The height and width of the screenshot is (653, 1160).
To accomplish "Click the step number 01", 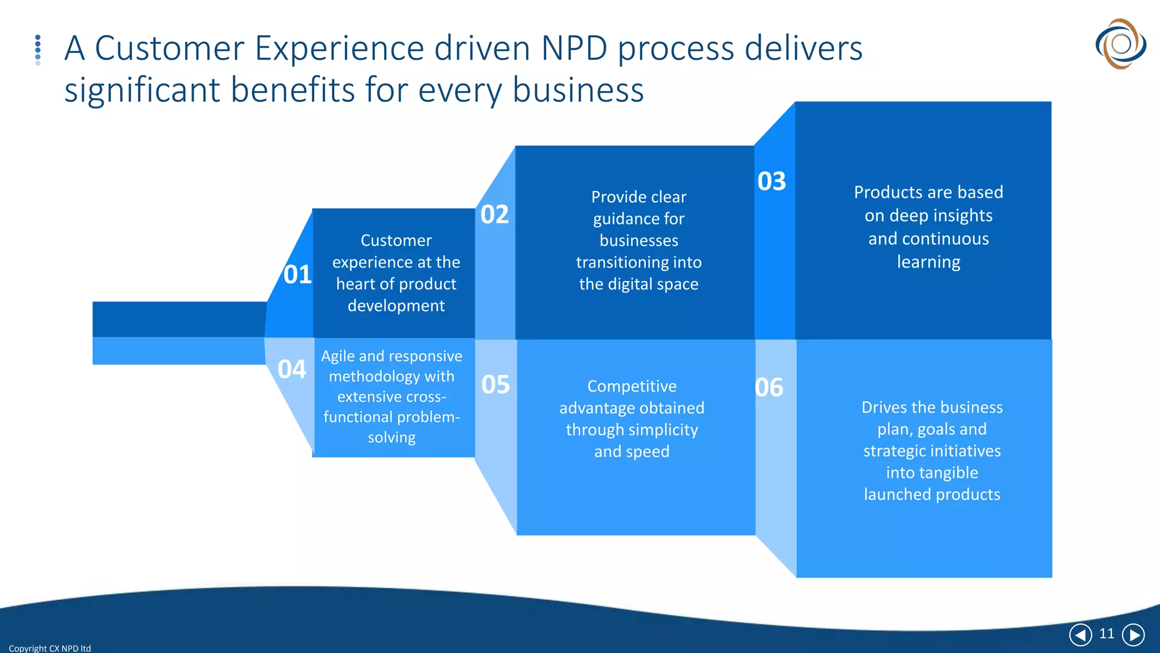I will (x=297, y=274).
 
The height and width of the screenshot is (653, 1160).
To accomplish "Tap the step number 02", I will (x=494, y=214).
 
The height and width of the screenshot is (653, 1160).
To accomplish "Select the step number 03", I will (x=771, y=181).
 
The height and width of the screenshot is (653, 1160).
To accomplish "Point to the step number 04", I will (x=292, y=369).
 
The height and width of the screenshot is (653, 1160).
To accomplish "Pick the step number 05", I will (x=496, y=384).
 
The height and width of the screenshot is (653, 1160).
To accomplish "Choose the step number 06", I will (x=769, y=388).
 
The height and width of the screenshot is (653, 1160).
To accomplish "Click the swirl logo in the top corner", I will (x=1120, y=44).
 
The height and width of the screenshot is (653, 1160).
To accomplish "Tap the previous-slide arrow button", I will (x=1080, y=635).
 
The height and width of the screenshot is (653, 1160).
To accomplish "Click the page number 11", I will (x=1107, y=634).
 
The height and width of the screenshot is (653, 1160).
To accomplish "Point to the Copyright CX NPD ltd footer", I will (x=50, y=648).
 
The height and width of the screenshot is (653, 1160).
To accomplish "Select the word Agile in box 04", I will (x=338, y=356).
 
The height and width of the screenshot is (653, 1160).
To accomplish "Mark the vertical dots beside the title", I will (x=38, y=50).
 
